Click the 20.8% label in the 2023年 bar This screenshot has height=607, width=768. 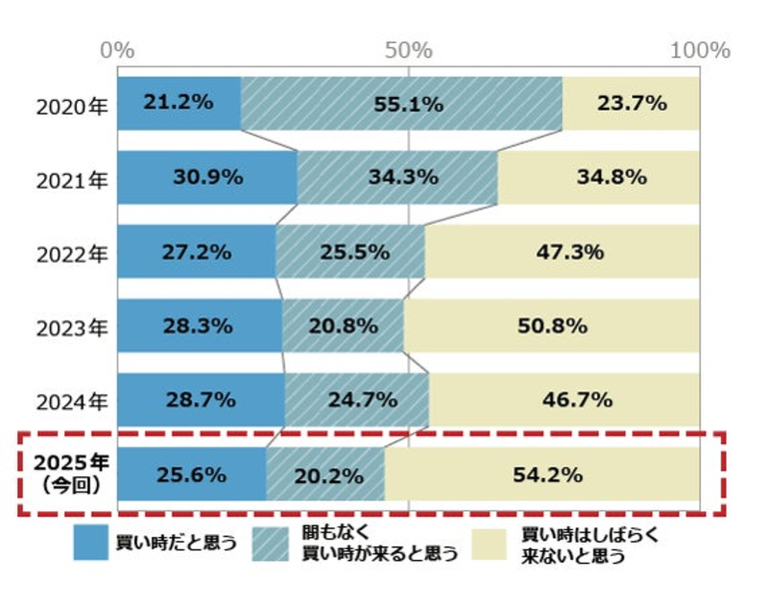point(343,327)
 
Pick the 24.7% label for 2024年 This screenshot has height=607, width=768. point(356,401)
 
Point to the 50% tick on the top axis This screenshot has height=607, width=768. point(409,49)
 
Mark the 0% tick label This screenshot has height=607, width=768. point(118,49)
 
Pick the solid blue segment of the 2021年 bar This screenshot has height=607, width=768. point(207,177)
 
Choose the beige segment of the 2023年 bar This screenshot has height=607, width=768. point(551,327)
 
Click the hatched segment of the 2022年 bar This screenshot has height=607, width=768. point(350,252)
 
